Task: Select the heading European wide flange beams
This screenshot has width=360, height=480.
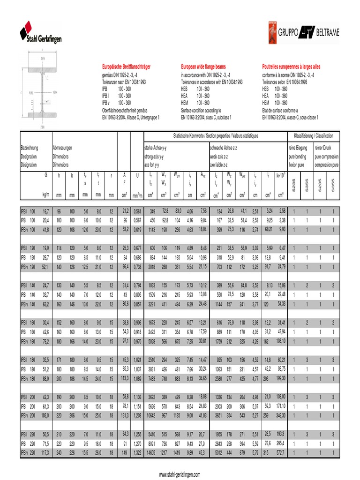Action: [203, 67]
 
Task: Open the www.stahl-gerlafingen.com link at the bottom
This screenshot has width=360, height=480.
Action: [180, 474]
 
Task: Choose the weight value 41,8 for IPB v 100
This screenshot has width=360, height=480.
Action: [45, 230]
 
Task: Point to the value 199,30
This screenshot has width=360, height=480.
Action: [280, 378]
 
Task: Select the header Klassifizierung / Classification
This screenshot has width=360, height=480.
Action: [313, 136]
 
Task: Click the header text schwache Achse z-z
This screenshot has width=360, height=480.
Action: [223, 147]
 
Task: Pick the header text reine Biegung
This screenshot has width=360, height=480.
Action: [298, 147]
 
